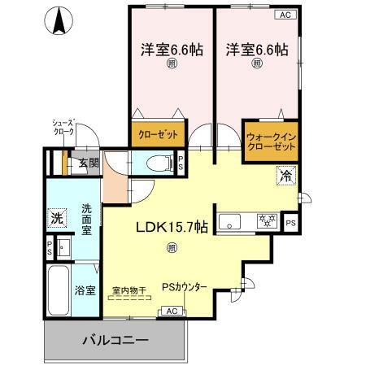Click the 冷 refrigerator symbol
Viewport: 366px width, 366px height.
tap(286, 174)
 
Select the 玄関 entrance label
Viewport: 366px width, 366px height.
tap(88, 163)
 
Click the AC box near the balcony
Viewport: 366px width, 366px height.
tap(172, 310)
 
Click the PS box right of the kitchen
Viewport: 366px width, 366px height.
tap(290, 221)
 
